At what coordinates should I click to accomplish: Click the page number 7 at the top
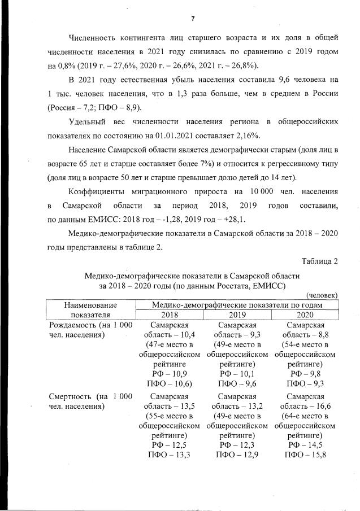tap(192, 19)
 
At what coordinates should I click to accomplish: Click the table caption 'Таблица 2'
tap(320, 261)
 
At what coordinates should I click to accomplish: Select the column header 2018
tap(170, 315)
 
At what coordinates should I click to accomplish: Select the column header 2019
tap(237, 315)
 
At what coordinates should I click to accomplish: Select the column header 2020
tap(305, 315)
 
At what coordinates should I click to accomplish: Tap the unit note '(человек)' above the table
tap(322, 295)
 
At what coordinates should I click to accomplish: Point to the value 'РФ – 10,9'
tap(170, 373)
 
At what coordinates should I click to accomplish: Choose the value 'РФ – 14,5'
tap(305, 445)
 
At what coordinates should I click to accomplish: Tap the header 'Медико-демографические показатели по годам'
tap(237, 305)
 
